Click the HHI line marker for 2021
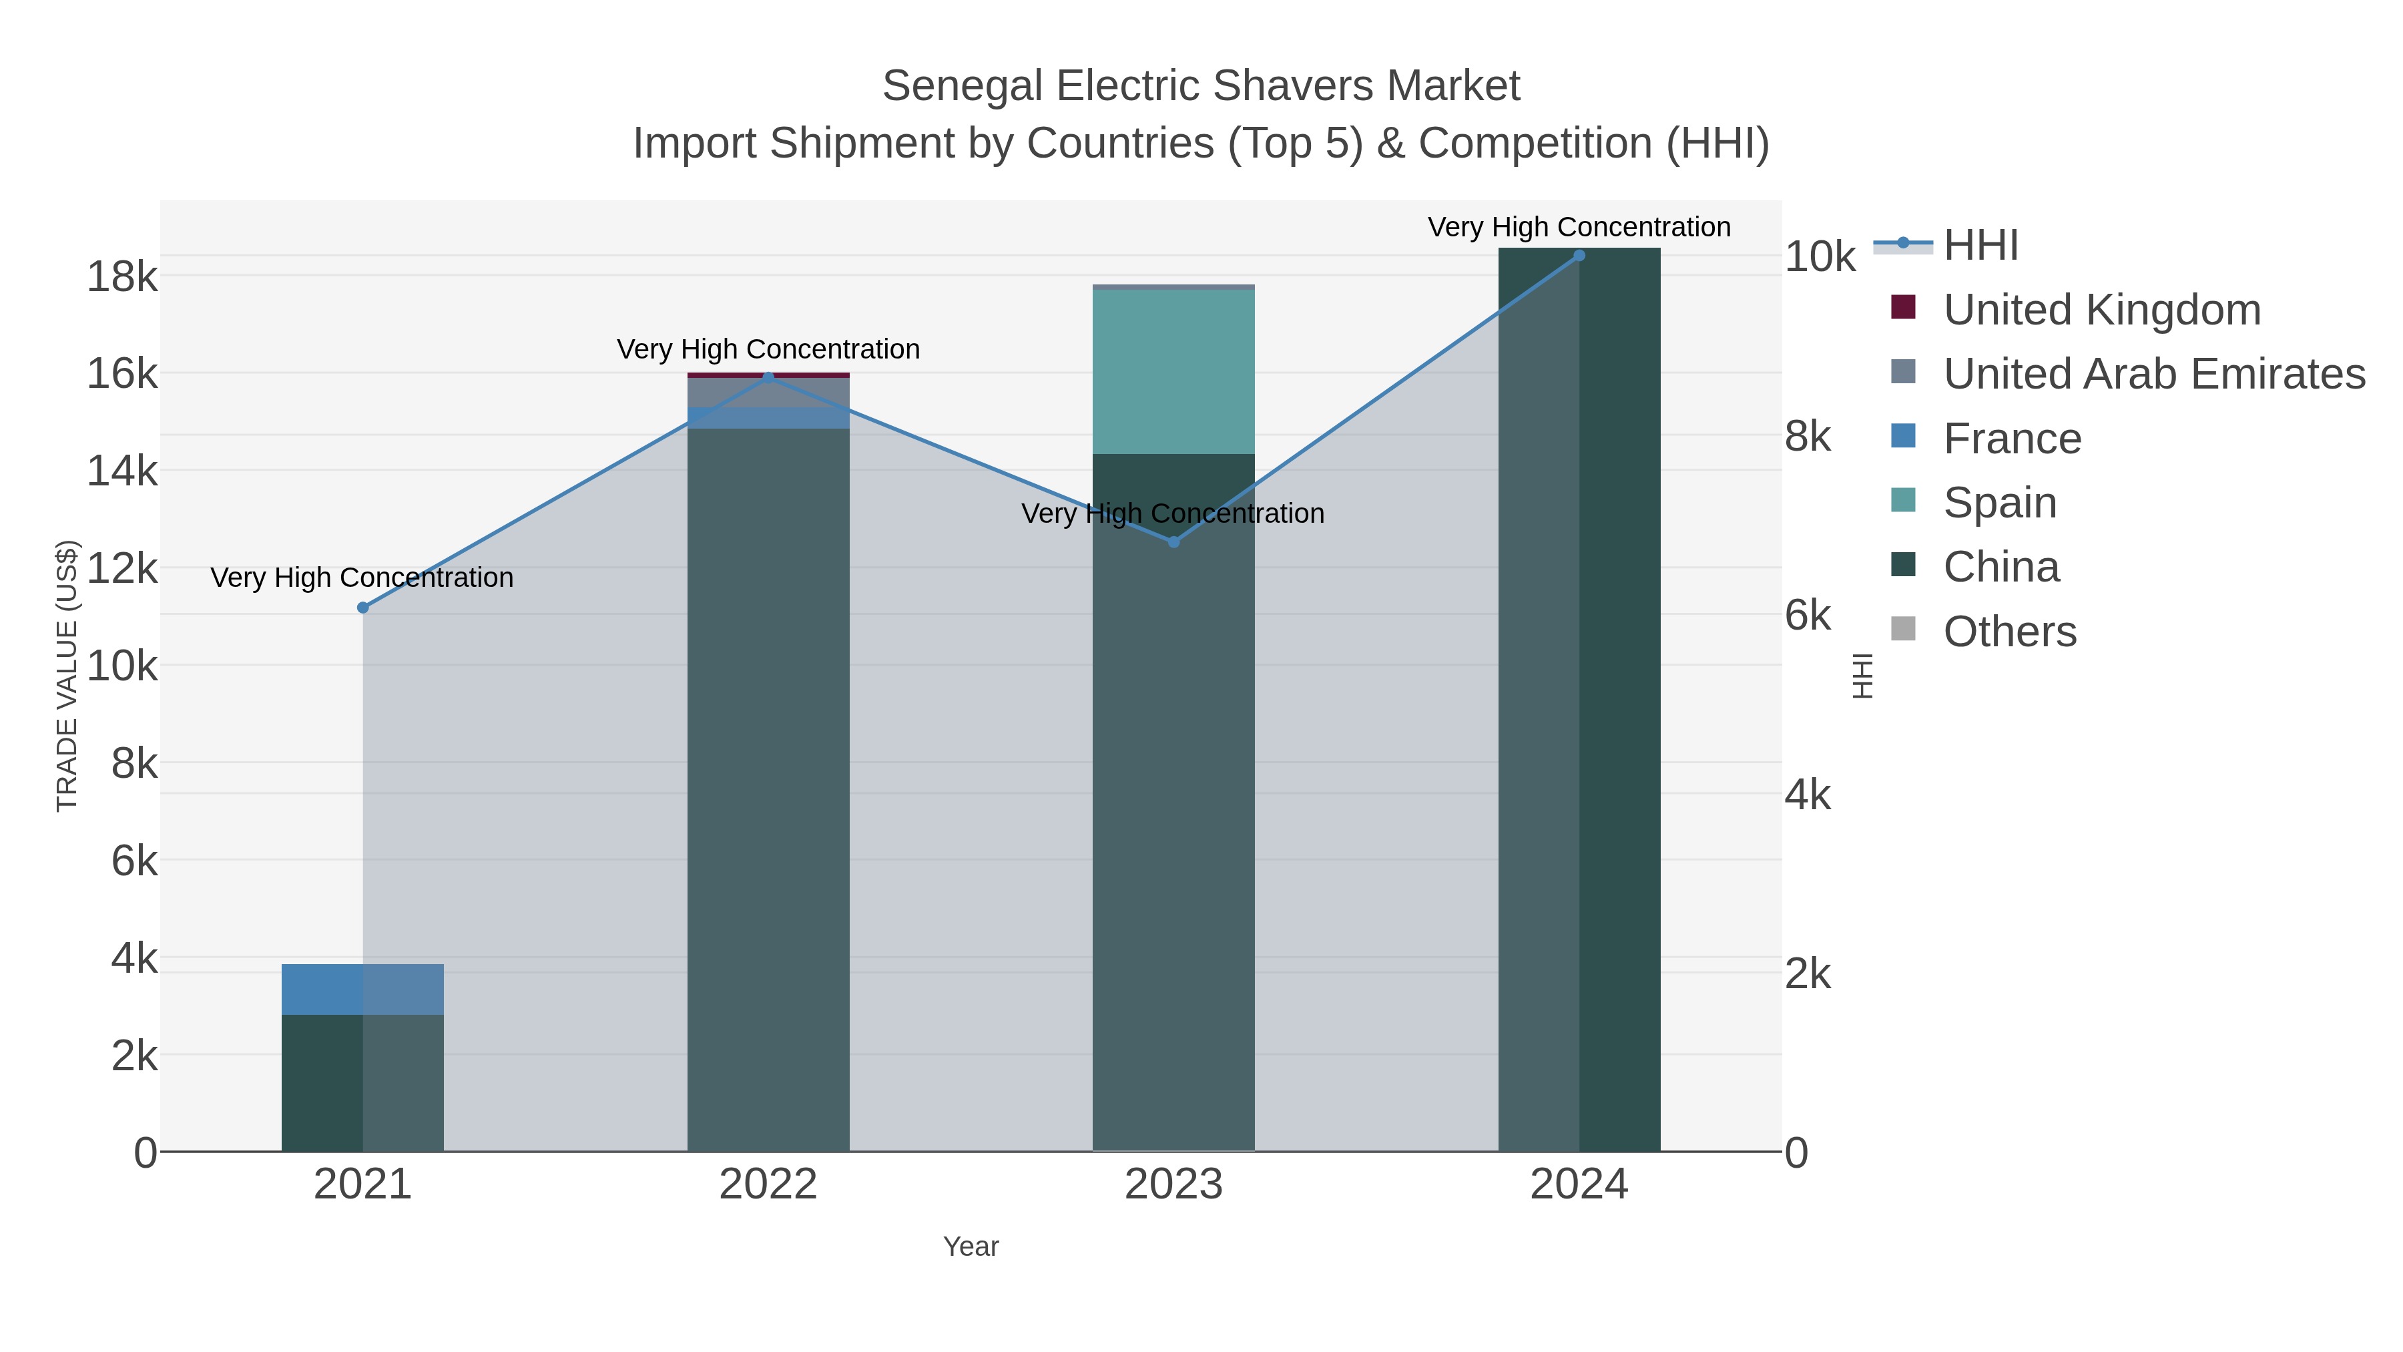(x=363, y=608)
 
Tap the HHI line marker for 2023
(x=1173, y=542)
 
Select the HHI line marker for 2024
(x=1579, y=256)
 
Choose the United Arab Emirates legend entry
(x=2153, y=374)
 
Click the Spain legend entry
(x=1999, y=503)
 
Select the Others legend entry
(x=2009, y=632)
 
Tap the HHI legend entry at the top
(x=1980, y=246)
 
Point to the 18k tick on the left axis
(x=122, y=277)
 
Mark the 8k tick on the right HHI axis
(x=1807, y=437)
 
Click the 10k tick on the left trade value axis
(x=122, y=666)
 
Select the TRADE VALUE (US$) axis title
(x=67, y=676)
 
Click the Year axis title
(x=970, y=1247)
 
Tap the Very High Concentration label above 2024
(x=1579, y=227)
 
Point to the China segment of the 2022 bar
(x=768, y=793)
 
